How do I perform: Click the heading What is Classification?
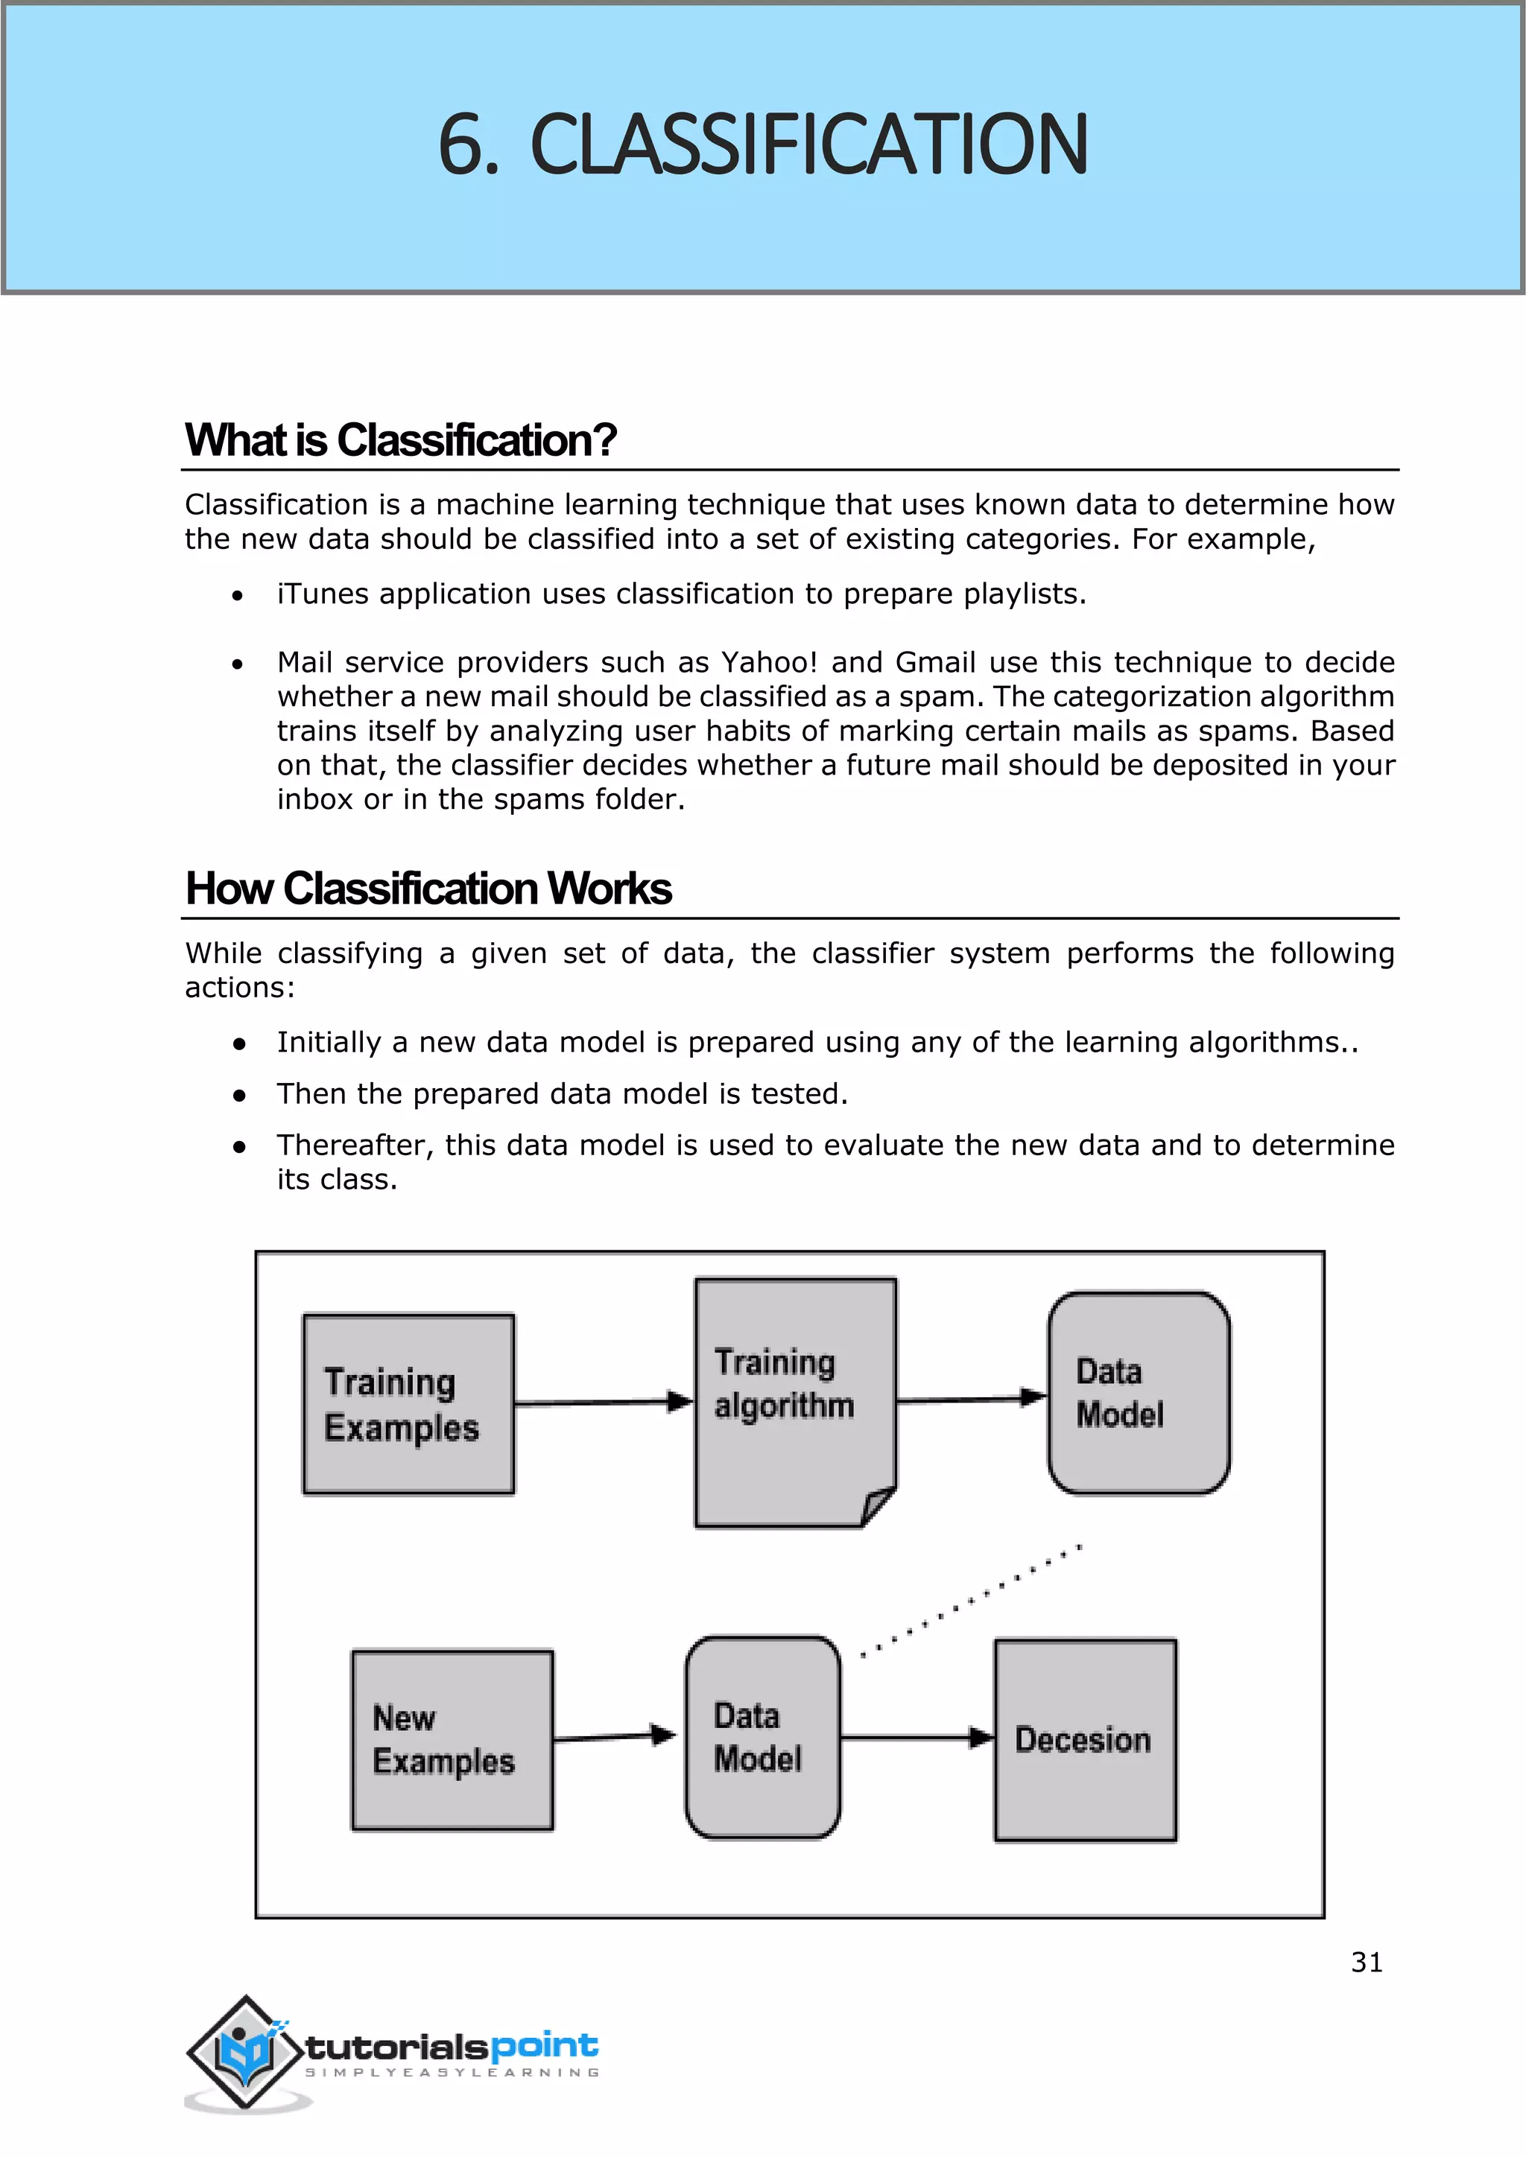[x=400, y=439]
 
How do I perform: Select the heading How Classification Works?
[x=428, y=888]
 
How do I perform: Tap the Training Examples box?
[x=408, y=1403]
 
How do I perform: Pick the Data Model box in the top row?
[x=1139, y=1394]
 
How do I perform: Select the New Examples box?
[x=452, y=1739]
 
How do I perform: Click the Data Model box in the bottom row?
[x=762, y=1737]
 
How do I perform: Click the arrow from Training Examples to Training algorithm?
[x=601, y=1402]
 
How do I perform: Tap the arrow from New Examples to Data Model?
[x=612, y=1736]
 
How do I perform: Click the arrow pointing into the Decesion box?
[x=916, y=1738]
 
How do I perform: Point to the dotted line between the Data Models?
[x=971, y=1600]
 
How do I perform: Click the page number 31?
[x=1367, y=1963]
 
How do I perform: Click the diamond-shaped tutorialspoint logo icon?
[x=245, y=2052]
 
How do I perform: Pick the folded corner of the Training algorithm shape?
[x=878, y=1506]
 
